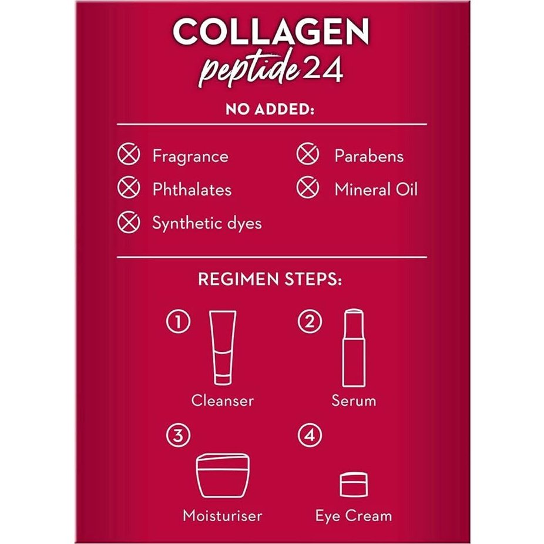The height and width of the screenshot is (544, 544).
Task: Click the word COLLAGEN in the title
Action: (x=271, y=33)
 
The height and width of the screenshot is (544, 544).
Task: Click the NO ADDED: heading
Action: (x=271, y=111)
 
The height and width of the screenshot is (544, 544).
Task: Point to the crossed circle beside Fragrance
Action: (x=129, y=156)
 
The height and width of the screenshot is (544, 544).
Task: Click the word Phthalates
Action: (x=192, y=190)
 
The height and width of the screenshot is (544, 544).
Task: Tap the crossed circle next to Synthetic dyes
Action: (x=129, y=223)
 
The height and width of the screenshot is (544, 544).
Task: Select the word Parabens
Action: (x=368, y=156)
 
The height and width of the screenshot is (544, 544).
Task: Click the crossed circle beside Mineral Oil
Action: (x=307, y=189)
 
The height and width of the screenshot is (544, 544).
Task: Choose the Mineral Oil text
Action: (x=376, y=190)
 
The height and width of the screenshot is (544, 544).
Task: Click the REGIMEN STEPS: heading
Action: (x=270, y=280)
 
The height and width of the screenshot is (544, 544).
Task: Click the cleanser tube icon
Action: (x=223, y=347)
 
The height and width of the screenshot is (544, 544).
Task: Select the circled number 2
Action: (x=309, y=322)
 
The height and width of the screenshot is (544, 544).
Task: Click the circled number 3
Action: (x=178, y=436)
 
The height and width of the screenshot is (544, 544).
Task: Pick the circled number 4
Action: (x=309, y=436)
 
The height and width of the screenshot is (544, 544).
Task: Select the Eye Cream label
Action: (x=353, y=516)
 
